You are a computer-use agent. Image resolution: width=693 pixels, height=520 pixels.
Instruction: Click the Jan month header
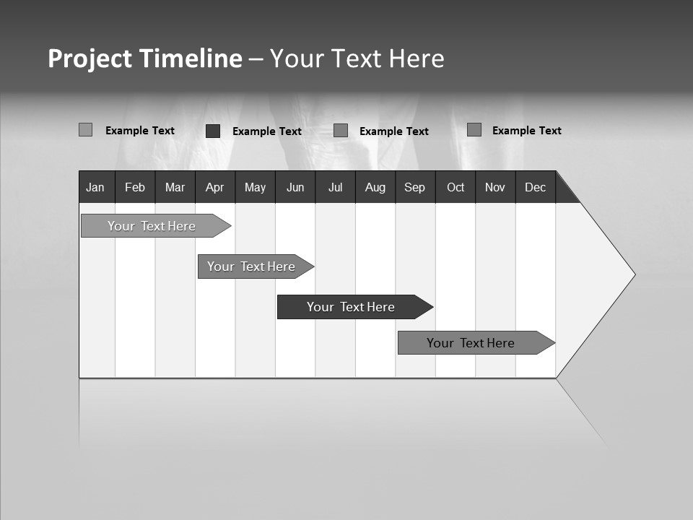coord(96,187)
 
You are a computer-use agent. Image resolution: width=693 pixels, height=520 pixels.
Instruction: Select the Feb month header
coord(135,187)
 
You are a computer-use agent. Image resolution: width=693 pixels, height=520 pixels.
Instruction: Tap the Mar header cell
coord(175,187)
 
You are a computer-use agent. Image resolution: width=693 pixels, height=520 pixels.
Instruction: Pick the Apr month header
coord(215,187)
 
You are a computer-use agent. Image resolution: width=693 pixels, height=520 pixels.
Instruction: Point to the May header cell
coord(255,187)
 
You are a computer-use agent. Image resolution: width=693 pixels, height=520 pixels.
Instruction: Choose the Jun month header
coord(295,187)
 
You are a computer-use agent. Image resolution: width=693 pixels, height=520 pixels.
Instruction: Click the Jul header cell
coord(335,187)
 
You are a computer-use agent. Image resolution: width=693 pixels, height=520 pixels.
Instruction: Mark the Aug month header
coord(375,187)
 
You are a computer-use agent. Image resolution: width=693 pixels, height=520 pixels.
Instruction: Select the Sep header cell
coord(415,187)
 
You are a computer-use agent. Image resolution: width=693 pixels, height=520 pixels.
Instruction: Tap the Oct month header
coord(456,187)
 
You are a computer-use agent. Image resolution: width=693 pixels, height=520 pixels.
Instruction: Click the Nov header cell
coord(495,187)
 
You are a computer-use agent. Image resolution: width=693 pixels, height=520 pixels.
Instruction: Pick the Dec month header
coord(536,187)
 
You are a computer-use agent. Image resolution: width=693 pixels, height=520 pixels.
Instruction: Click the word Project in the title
coord(90,58)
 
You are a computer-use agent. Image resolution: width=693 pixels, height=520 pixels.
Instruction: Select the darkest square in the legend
coord(213,131)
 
